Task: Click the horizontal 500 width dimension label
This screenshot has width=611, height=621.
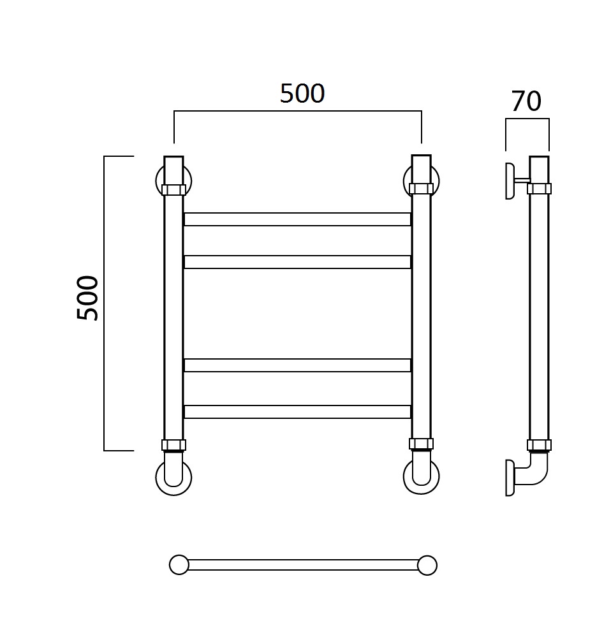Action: coord(302,94)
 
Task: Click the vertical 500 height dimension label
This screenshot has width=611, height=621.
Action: coord(87,298)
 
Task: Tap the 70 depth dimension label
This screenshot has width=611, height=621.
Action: coord(526,101)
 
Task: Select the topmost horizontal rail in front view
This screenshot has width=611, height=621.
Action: coord(298,219)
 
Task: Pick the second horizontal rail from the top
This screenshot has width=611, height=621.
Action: coord(298,262)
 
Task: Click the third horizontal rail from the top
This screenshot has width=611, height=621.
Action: coord(298,365)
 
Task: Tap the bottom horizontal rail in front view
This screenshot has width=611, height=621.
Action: coord(298,412)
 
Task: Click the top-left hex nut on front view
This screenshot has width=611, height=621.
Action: coord(174,190)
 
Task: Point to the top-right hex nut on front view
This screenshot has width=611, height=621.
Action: coord(421,189)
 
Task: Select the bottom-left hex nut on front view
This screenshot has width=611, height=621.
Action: coord(174,445)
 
